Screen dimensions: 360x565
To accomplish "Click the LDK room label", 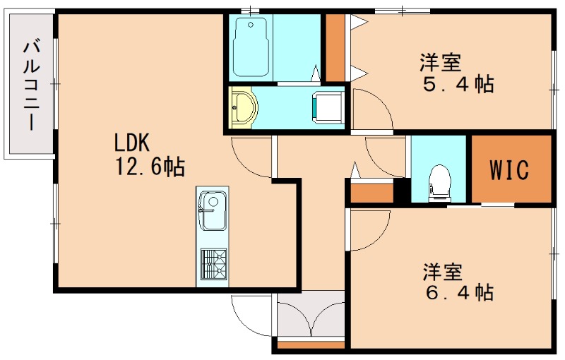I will [133, 143].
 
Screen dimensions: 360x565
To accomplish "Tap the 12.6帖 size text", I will [149, 167].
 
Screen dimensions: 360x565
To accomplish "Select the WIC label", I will [509, 170].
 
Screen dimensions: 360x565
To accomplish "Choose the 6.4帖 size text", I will [457, 292].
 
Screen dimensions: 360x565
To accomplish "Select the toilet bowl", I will [439, 181].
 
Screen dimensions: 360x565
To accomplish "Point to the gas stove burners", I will [213, 265].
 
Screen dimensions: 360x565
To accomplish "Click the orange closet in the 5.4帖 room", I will [335, 48].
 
